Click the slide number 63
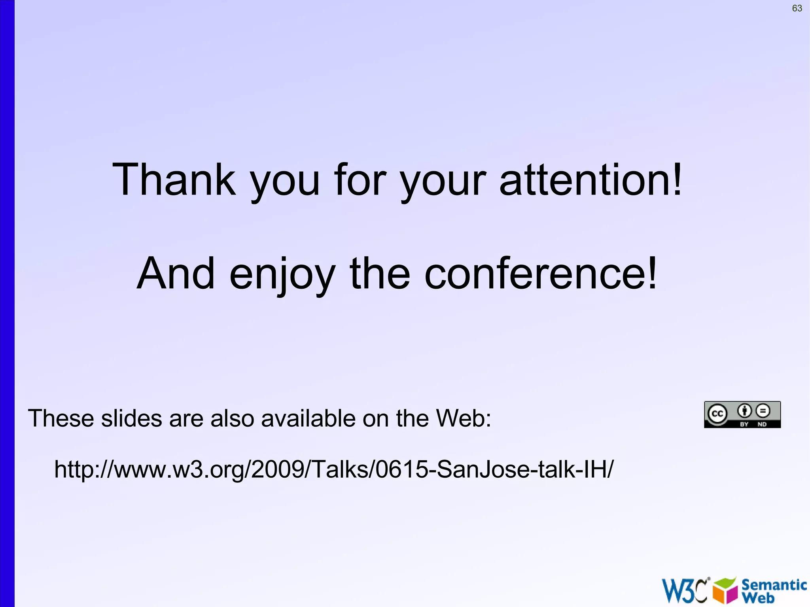coord(797,8)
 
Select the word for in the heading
coord(359,180)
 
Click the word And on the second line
coord(176,273)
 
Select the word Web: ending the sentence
coord(463,418)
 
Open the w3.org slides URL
coord(334,469)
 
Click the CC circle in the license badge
coord(717,414)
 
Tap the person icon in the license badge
coord(744,411)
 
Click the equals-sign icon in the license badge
coord(763,411)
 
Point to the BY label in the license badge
coord(744,424)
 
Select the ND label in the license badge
coord(762,424)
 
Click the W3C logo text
coord(685,591)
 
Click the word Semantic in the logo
coord(774,584)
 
